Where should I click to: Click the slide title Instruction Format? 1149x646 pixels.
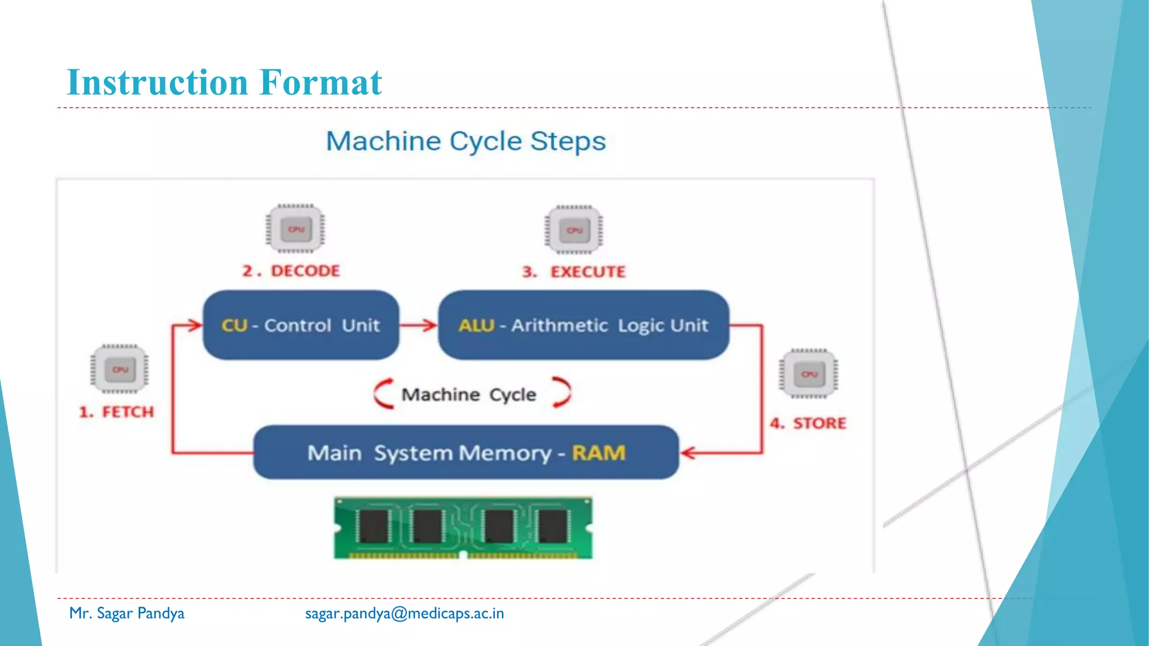(x=224, y=83)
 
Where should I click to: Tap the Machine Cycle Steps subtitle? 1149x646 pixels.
(x=466, y=141)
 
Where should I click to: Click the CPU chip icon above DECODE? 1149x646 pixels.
(x=296, y=229)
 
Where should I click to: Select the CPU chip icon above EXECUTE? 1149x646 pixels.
(x=574, y=230)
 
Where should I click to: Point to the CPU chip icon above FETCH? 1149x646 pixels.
(x=120, y=369)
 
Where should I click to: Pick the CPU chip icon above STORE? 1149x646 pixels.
(x=808, y=373)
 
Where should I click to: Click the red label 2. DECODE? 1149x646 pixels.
(x=291, y=271)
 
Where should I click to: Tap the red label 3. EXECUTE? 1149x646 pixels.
(x=573, y=273)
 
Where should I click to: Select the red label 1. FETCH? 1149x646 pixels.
(x=116, y=412)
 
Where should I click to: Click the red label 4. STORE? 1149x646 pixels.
(x=808, y=423)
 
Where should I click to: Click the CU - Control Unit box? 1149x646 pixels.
(x=301, y=325)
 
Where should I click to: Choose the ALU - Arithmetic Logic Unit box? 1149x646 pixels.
(x=583, y=325)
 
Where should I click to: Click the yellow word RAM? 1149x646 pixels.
(x=599, y=453)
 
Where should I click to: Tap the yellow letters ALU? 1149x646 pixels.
(x=476, y=325)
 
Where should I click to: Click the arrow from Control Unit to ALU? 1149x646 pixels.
(x=418, y=325)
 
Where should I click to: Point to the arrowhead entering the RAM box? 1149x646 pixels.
(x=688, y=453)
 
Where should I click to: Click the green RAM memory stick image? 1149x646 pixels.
(x=463, y=528)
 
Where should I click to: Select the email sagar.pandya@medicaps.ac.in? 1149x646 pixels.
(x=405, y=613)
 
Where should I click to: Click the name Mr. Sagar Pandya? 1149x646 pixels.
(x=127, y=613)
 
